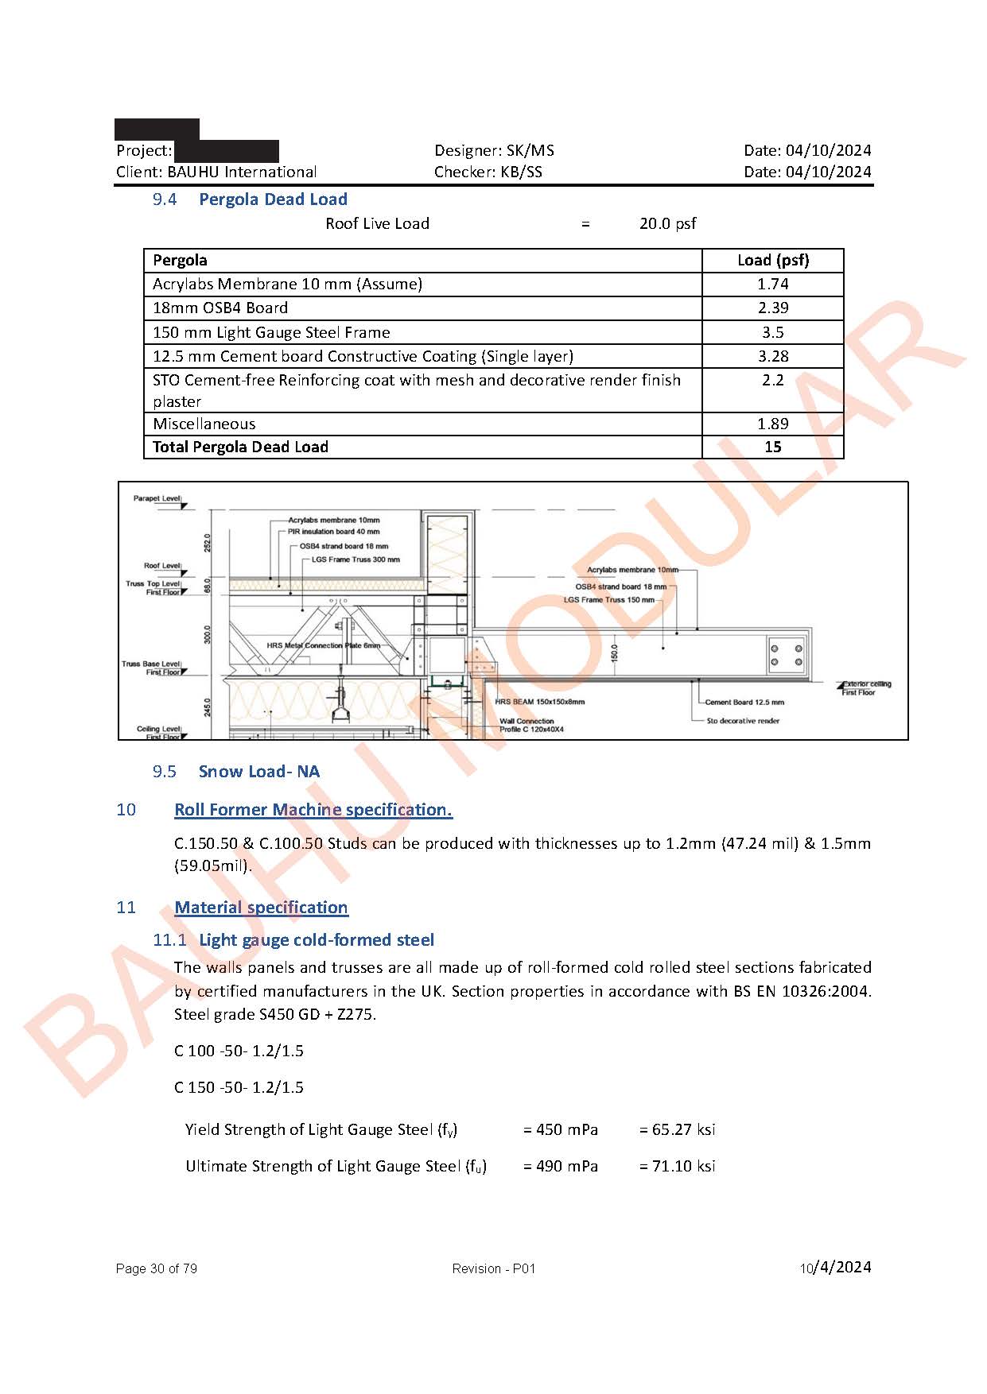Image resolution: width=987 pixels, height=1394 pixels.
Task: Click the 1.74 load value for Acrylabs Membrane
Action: click(x=772, y=284)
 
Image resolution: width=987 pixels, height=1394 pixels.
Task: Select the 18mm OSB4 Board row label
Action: click(x=220, y=308)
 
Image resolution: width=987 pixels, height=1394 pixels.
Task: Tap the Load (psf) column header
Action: click(x=772, y=260)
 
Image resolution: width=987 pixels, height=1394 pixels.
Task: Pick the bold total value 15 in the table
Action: click(x=772, y=447)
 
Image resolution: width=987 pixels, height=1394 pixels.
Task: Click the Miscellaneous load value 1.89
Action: click(x=772, y=424)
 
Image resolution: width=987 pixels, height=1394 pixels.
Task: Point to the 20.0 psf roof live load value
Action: click(x=667, y=223)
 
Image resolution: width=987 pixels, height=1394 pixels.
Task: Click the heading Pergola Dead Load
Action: click(x=273, y=199)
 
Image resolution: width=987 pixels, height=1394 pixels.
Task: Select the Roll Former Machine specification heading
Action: click(x=313, y=809)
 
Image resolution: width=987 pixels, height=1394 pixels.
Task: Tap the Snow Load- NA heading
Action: click(x=258, y=771)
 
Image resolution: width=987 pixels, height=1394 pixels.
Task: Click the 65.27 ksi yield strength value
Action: click(x=677, y=1129)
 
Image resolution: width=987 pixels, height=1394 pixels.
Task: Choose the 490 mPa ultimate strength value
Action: click(x=561, y=1166)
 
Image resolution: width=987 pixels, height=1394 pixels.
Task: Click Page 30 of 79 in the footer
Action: click(x=156, y=1268)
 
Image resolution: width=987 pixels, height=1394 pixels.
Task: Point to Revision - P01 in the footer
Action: click(x=493, y=1268)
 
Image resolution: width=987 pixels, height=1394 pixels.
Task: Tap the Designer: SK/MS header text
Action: click(x=494, y=150)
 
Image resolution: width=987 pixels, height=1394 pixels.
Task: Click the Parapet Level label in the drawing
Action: click(x=157, y=498)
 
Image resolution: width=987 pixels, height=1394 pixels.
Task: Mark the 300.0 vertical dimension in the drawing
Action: click(x=208, y=634)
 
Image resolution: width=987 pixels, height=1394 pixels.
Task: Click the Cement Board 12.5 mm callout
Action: click(x=744, y=702)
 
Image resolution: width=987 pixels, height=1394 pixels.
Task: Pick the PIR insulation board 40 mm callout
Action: click(x=333, y=532)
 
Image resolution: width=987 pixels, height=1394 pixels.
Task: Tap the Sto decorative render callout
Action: click(x=743, y=721)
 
